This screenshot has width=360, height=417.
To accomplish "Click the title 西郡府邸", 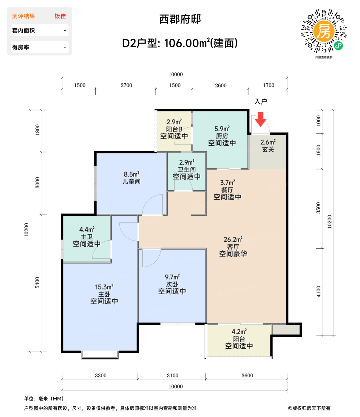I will pyautogui.click(x=180, y=19).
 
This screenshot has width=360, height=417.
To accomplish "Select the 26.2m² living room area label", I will pyautogui.click(x=233, y=247).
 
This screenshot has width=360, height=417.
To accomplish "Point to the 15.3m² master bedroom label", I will pyautogui.click(x=104, y=294).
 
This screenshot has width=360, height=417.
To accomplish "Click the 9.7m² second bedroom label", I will pyautogui.click(x=172, y=284).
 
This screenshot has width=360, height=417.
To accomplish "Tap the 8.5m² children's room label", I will pyautogui.click(x=131, y=178).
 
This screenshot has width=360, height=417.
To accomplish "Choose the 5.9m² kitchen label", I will pyautogui.click(x=222, y=136).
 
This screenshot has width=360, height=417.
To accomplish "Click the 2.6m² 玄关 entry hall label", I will pyautogui.click(x=268, y=146).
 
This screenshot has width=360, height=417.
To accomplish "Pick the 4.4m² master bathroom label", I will pyautogui.click(x=87, y=237).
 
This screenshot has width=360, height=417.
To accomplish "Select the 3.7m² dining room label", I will pyautogui.click(x=227, y=190).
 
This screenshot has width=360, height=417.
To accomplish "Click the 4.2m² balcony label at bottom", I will pyautogui.click(x=239, y=339).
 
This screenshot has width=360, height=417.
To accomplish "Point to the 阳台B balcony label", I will pyautogui.click(x=174, y=129).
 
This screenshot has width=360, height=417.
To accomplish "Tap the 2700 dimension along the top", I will pyautogui.click(x=126, y=85).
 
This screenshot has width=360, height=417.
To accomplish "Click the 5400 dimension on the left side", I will pyautogui.click(x=37, y=282).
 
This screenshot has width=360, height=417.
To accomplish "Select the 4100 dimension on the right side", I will pyautogui.click(x=319, y=291).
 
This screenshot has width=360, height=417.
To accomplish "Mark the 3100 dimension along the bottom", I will pyautogui.click(x=172, y=376).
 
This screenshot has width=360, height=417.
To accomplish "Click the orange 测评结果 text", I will pyautogui.click(x=24, y=16).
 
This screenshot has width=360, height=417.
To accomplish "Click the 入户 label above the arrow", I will pyautogui.click(x=261, y=102).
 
